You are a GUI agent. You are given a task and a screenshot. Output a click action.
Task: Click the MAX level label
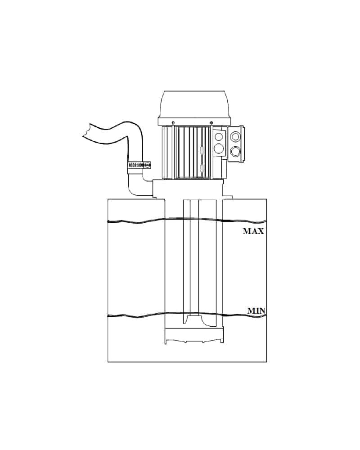coord(253,231)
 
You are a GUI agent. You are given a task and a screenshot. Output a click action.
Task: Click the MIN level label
coord(256,311)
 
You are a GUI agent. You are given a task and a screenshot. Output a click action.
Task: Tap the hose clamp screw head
coord(147,165)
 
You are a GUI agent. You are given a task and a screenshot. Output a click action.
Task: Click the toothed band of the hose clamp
coord(136,165)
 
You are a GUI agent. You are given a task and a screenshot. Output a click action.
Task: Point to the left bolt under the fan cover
coord(173,123)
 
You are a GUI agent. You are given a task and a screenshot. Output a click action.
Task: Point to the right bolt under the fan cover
coord(211,123)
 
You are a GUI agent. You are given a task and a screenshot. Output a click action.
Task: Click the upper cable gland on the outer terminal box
coord(235,136)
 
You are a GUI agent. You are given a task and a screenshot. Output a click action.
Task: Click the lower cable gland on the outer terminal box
coord(235,151)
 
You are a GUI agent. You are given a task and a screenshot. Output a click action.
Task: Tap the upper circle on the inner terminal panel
coord(218,136)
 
